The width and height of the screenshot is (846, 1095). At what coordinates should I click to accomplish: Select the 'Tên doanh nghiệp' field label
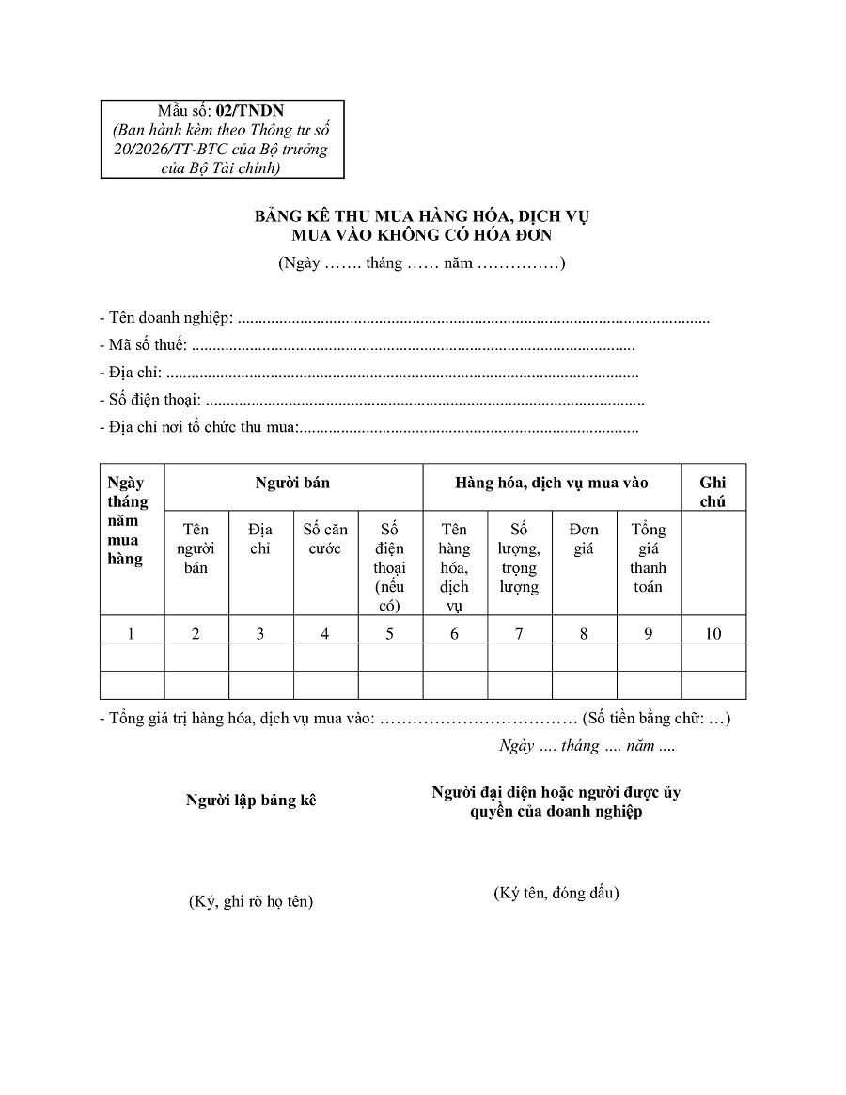[166, 318]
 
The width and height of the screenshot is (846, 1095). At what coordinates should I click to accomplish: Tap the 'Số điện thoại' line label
[150, 401]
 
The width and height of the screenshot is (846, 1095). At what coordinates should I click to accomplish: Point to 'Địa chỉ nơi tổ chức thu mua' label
[198, 428]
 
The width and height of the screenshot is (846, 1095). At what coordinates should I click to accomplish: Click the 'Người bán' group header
[292, 483]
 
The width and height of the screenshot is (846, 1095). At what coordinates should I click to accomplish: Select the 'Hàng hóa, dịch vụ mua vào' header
[552, 483]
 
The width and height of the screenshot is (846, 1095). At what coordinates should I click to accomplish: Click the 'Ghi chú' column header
[713, 492]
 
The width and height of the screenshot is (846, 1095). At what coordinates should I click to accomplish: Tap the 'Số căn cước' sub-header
[325, 539]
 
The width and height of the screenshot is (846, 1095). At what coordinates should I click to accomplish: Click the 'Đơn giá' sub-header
[584, 539]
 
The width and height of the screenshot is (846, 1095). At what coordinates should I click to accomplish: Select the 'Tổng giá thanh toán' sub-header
[648, 558]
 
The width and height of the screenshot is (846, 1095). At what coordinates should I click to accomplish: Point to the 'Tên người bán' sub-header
[196, 548]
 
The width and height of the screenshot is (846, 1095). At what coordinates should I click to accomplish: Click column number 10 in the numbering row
[713, 633]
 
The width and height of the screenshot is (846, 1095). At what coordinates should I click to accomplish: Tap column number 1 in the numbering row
[131, 633]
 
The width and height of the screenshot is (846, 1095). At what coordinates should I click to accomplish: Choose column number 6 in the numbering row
[454, 633]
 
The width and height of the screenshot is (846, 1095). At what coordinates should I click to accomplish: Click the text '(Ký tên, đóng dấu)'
[556, 893]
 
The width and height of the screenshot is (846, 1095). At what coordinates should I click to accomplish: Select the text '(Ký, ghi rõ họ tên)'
[251, 901]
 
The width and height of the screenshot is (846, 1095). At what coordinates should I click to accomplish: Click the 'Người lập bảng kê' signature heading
[251, 801]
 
